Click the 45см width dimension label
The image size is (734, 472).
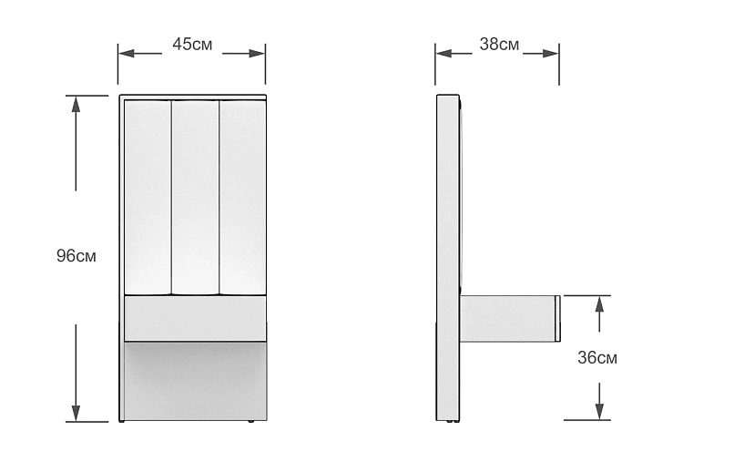(x=192, y=45)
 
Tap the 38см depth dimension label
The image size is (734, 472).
(x=499, y=45)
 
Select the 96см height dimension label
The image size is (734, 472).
(x=76, y=256)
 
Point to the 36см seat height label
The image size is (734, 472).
(x=597, y=358)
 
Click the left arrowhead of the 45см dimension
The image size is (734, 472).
(x=127, y=54)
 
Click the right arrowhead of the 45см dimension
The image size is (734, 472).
(x=257, y=54)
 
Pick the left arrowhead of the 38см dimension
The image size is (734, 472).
(x=443, y=54)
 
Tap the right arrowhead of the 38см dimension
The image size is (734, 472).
(x=550, y=54)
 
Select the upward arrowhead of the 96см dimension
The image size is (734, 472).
(x=76, y=104)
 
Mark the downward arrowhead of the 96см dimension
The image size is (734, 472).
(x=76, y=413)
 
